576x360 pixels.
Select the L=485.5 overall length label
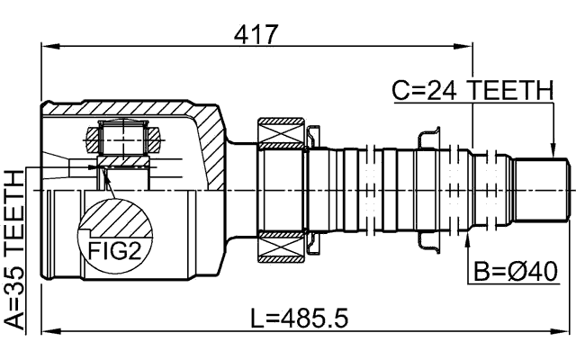click(299, 319)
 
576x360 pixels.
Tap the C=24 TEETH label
click(472, 90)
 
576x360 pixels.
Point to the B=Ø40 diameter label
click(516, 269)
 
